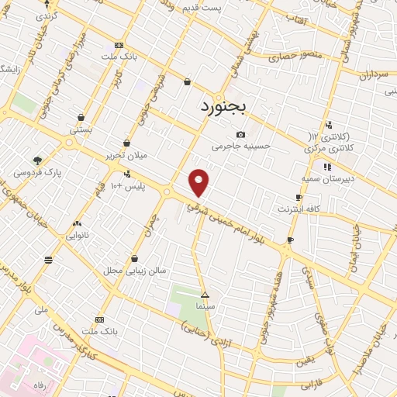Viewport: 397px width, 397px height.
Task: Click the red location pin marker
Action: click(x=200, y=181)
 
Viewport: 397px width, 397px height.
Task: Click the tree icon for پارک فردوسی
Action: click(x=38, y=160)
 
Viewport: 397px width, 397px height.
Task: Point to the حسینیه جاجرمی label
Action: click(x=244, y=145)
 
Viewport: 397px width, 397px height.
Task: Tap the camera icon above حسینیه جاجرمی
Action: click(x=240, y=133)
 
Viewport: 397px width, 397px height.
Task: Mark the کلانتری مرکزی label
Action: click(x=326, y=147)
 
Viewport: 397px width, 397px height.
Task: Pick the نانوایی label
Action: click(x=76, y=232)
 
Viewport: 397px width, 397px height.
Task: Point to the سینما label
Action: click(x=205, y=307)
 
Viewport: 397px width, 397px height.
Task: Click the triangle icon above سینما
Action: click(x=205, y=295)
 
